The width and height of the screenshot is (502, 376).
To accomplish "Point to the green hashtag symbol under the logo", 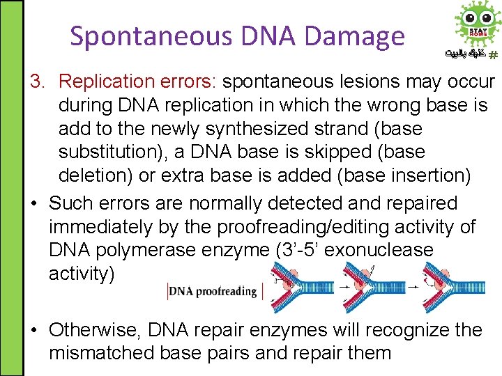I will click(492, 54).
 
